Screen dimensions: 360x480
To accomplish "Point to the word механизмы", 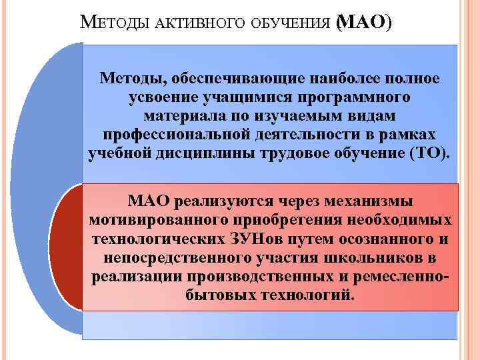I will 374,201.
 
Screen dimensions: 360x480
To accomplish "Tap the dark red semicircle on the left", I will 67,247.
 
